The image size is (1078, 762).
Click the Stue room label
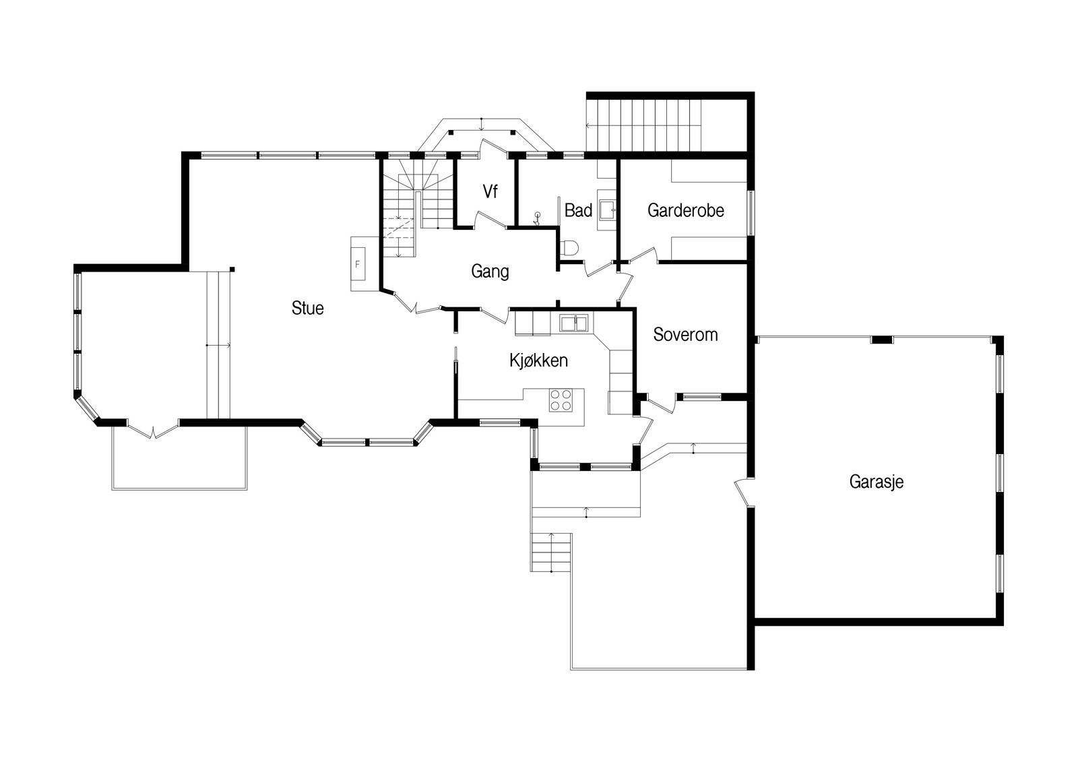(307, 308)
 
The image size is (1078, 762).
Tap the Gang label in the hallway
(490, 272)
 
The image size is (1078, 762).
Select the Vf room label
(490, 191)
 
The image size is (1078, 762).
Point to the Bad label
(579, 210)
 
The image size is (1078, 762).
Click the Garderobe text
(686, 210)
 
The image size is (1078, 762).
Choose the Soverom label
(685, 335)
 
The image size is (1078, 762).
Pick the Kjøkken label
(538, 360)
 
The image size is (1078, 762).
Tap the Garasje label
(877, 482)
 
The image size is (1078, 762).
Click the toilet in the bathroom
(570, 247)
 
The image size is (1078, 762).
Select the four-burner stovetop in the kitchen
(561, 400)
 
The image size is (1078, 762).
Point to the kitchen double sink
(573, 323)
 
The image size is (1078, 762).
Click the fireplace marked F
(358, 263)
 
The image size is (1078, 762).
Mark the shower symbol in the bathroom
(537, 219)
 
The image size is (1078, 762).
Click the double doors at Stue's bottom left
(153, 429)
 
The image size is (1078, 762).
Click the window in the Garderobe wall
(751, 213)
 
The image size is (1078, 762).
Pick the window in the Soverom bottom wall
(702, 397)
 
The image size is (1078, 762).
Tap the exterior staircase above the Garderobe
(644, 125)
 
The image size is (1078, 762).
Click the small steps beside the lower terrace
(551, 552)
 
